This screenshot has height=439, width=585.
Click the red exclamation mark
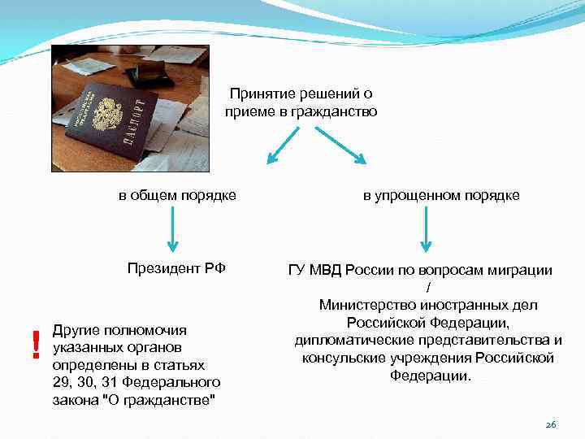click(x=35, y=345)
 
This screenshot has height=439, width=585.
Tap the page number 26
click(x=551, y=424)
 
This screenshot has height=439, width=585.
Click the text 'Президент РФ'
click(x=176, y=269)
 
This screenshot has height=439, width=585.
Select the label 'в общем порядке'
click(x=178, y=195)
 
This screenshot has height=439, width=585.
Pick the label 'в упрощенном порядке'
click(x=441, y=195)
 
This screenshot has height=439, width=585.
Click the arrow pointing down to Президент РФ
click(x=172, y=232)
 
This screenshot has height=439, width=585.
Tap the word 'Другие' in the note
click(x=74, y=330)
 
